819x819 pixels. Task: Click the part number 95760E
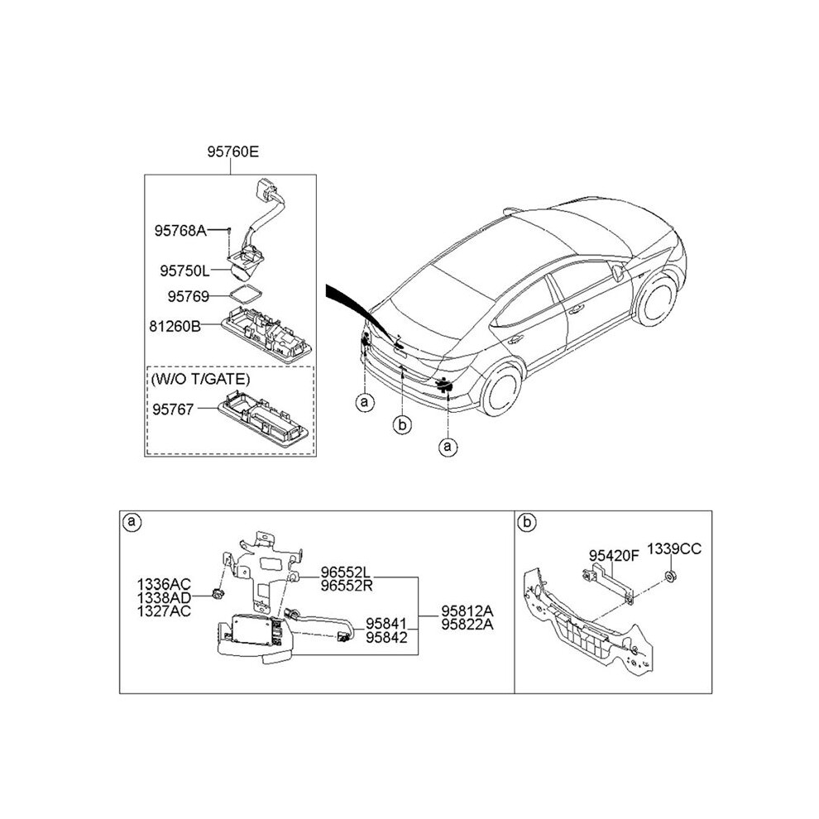[x=233, y=151]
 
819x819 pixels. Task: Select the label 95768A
[x=180, y=230]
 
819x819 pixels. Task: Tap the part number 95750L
[x=184, y=271]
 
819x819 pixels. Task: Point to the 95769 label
[x=188, y=296]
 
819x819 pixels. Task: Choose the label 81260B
[x=175, y=327]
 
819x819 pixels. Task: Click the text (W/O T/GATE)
[x=200, y=379]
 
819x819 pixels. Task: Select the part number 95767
[x=173, y=409]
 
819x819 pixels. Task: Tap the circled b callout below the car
[x=402, y=424]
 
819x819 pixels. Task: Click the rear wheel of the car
[x=501, y=389]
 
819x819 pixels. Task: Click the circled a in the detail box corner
[x=132, y=521]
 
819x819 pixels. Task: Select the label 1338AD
[x=164, y=597]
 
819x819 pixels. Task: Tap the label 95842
[x=386, y=637]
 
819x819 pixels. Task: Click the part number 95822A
[x=467, y=624]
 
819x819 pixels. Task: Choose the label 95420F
[x=614, y=556]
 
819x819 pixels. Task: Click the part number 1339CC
[x=673, y=549]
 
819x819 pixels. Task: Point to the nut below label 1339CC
[x=668, y=577]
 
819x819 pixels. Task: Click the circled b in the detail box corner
[x=527, y=522]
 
